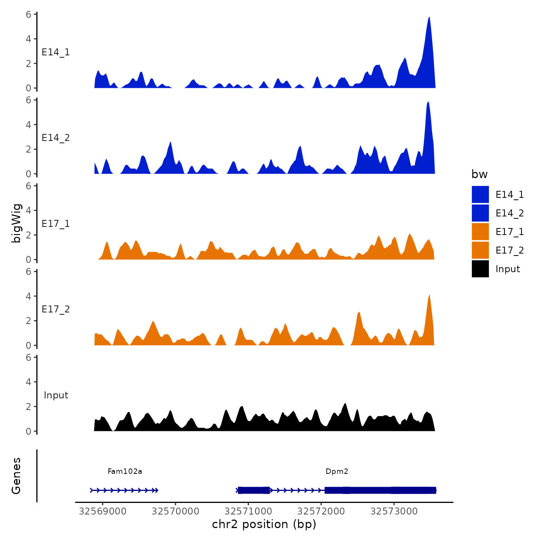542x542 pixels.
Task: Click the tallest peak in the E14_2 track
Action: pyautogui.click(x=428, y=103)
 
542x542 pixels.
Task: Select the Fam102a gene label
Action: pyautogui.click(x=125, y=471)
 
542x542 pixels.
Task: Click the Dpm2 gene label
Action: pyautogui.click(x=337, y=471)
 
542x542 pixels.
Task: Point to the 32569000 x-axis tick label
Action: pyautogui.click(x=103, y=511)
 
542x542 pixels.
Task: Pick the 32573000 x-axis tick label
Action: pyautogui.click(x=394, y=511)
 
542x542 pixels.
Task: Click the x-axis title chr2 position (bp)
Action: pyautogui.click(x=264, y=524)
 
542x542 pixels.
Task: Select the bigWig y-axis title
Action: pyautogui.click(x=16, y=223)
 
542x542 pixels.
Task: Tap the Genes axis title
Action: pyautogui.click(x=16, y=476)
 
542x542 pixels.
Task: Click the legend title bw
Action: pyautogui.click(x=479, y=174)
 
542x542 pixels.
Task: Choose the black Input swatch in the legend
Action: pyautogui.click(x=480, y=269)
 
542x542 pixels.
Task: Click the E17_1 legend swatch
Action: pyautogui.click(x=480, y=232)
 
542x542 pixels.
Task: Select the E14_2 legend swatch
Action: pyautogui.click(x=480, y=213)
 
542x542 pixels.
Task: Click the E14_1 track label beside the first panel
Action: pyautogui.click(x=56, y=52)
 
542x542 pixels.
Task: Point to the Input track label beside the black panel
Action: pyautogui.click(x=56, y=395)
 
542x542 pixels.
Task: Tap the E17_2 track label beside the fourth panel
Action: pyautogui.click(x=56, y=309)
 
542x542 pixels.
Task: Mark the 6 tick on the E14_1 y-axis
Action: pyautogui.click(x=29, y=14)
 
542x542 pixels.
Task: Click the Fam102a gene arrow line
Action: pyautogui.click(x=124, y=490)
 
